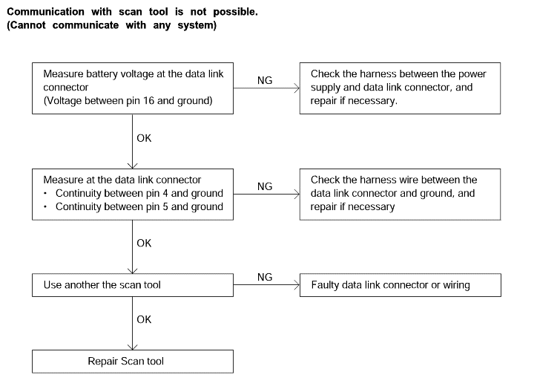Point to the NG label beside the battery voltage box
click(x=265, y=80)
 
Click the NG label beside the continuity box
click(x=265, y=186)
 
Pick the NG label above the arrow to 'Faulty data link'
click(x=265, y=277)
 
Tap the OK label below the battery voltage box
click(x=144, y=138)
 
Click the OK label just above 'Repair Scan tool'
click(x=144, y=319)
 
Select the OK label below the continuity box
click(x=144, y=243)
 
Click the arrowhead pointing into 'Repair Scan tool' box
click(x=133, y=347)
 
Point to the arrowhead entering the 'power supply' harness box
click(x=297, y=88)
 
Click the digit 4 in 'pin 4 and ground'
click(x=165, y=193)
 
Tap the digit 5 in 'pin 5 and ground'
click(x=165, y=206)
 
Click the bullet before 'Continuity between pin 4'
click(x=45, y=194)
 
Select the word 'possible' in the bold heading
click(x=235, y=12)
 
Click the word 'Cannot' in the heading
click(x=26, y=25)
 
